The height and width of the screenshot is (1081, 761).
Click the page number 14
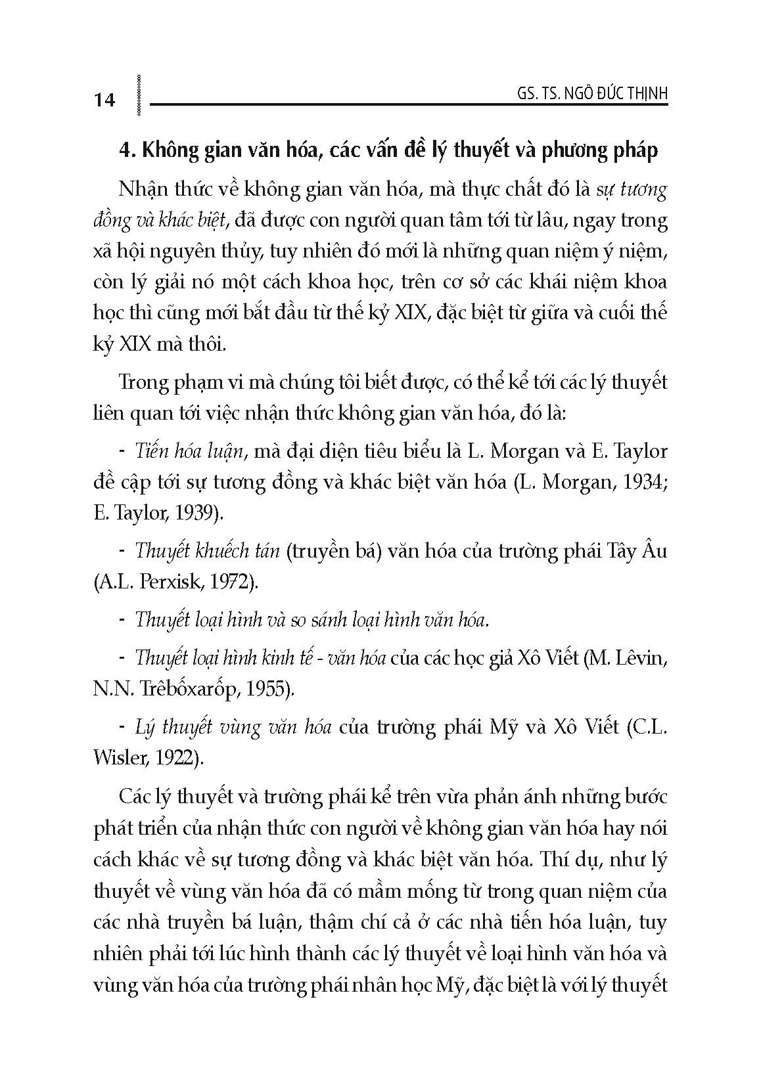tap(105, 100)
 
